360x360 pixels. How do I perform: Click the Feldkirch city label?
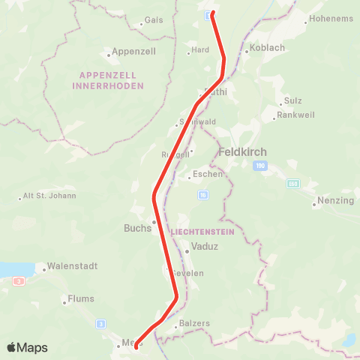pos(242,151)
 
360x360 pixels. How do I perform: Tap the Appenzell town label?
pos(133,52)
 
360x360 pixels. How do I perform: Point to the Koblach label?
pos(264,51)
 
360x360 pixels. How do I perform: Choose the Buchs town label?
pos(137,228)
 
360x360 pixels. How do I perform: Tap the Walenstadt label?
pos(69,266)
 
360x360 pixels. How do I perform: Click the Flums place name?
pos(81,298)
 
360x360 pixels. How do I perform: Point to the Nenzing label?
pos(335,201)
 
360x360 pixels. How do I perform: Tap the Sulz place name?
pos(292,101)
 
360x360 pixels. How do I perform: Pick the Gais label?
pos(154,20)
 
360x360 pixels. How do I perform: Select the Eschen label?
pos(208,174)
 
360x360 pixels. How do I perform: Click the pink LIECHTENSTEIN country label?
pos(203,232)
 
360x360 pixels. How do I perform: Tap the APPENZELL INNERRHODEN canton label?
pos(108,80)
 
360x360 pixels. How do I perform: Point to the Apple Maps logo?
pos(27,348)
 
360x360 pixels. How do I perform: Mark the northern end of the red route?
pos(212,13)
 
